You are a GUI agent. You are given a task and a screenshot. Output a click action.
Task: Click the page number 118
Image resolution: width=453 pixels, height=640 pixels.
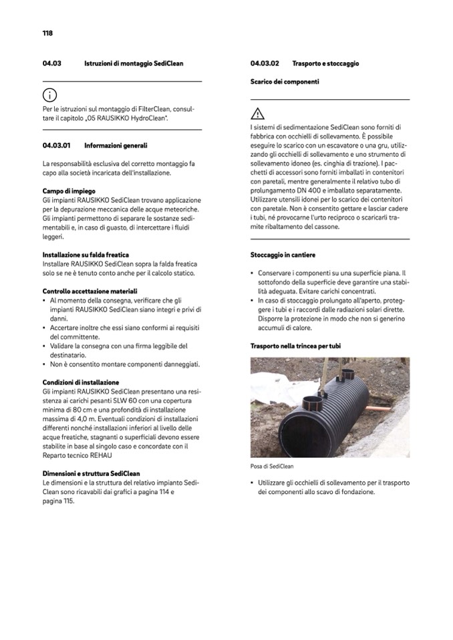coord(47,33)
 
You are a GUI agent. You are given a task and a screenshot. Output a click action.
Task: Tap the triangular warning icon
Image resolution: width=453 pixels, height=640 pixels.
coord(258,113)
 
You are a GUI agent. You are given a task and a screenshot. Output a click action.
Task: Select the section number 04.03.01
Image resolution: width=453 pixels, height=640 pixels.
coord(57,145)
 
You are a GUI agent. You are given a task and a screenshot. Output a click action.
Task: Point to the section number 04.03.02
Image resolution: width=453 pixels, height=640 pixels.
coord(265,63)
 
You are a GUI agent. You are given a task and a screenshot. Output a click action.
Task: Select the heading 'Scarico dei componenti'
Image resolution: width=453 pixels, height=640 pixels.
coord(285,81)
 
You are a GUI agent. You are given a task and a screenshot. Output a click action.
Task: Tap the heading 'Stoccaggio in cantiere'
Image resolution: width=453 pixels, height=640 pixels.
coord(283,255)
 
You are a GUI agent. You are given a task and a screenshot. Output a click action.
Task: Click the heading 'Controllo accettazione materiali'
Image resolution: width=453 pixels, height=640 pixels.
coord(90,291)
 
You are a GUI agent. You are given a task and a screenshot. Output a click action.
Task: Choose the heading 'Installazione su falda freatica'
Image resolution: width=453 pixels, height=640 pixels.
coord(86,254)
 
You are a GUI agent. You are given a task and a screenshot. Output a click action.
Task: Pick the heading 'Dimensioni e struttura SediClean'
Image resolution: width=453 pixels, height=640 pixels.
coord(91,472)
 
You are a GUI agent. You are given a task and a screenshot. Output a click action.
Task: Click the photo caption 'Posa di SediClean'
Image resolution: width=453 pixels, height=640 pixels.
coord(272,466)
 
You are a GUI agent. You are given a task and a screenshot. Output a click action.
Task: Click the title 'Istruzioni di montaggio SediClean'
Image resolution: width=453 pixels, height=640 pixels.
coord(134,63)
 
